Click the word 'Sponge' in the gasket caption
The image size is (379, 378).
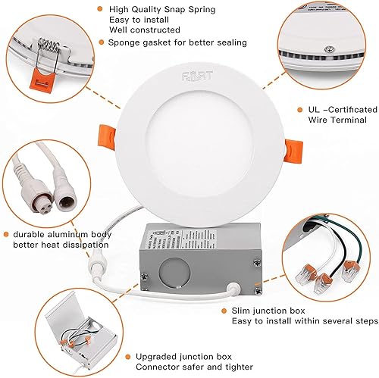coord(124,42)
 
